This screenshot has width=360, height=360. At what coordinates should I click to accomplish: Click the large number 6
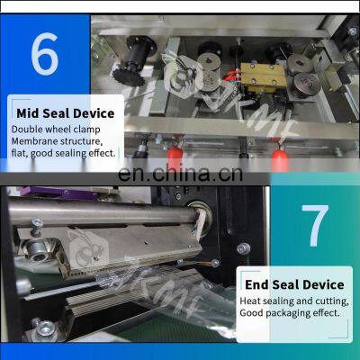click(x=44, y=54)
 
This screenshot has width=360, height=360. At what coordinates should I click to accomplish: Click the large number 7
click(x=315, y=226)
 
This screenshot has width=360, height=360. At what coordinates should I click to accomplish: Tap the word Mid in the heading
click(x=28, y=113)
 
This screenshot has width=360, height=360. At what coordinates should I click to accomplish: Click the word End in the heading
click(x=256, y=284)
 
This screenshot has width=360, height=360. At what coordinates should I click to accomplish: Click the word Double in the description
click(x=27, y=130)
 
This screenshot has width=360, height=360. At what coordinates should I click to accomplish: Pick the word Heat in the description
click(x=251, y=301)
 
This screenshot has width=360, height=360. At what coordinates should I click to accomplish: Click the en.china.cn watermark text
click(x=180, y=174)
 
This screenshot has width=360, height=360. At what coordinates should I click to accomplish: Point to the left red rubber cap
click(x=175, y=156)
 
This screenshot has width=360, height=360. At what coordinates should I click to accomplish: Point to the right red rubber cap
click(x=280, y=156)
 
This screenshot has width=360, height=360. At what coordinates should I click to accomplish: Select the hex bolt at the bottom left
click(x=46, y=329)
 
